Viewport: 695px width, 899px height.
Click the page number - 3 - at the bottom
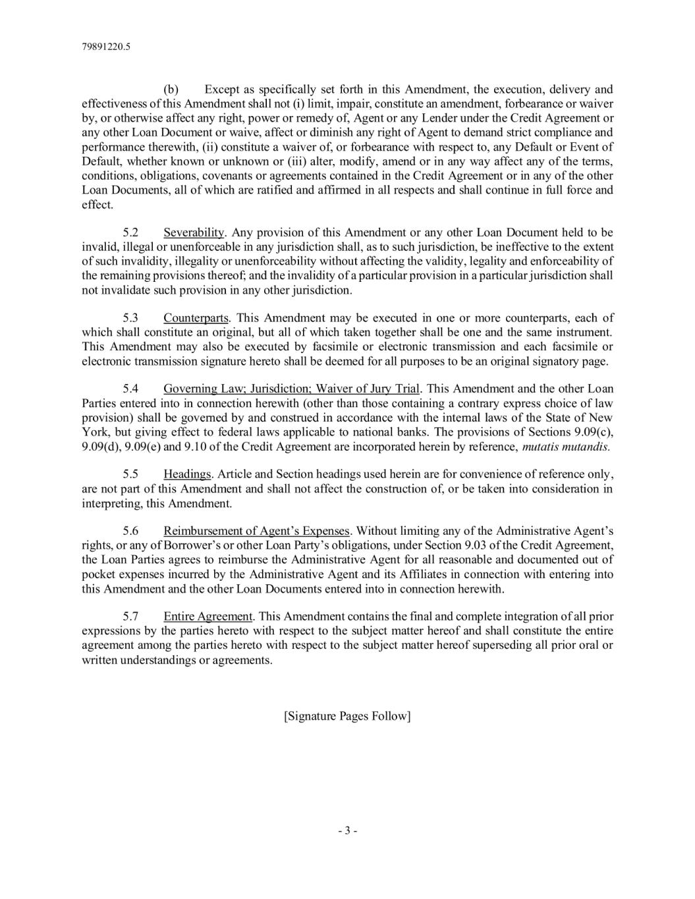[347, 831]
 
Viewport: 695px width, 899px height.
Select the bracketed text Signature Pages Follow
[347, 716]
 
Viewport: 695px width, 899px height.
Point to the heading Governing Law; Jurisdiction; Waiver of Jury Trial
[291, 389]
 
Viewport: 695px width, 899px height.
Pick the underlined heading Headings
[187, 474]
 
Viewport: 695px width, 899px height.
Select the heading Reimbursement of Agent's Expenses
[256, 531]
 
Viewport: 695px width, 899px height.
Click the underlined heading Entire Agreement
[208, 616]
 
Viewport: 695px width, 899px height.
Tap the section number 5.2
[131, 232]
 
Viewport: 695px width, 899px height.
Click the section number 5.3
[131, 318]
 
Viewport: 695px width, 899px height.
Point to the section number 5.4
[131, 389]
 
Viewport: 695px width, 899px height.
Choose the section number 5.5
[131, 474]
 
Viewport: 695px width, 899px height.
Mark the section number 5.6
[131, 531]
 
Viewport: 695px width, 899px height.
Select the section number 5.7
[131, 616]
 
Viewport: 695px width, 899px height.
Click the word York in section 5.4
[94, 432]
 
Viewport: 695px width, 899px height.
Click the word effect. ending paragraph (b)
[97, 205]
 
